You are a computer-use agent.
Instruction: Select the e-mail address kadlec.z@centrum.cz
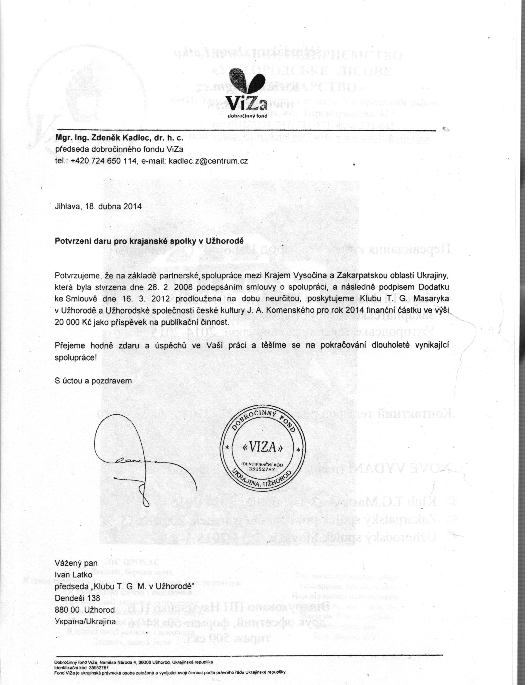208,161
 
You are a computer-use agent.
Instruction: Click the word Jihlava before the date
66,207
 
